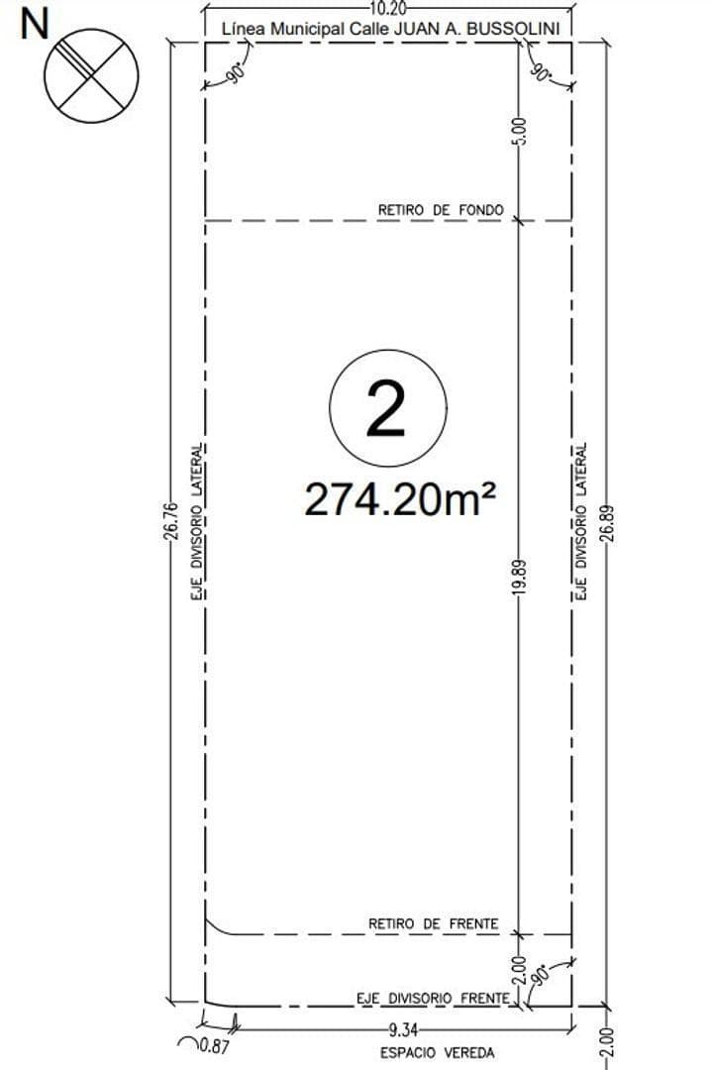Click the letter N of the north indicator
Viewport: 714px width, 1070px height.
[x=35, y=25]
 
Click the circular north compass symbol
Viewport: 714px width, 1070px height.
[x=91, y=75]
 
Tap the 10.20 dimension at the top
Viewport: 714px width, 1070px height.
[x=389, y=9]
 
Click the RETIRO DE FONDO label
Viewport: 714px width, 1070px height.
[x=441, y=210]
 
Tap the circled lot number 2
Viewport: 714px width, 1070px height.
[x=388, y=408]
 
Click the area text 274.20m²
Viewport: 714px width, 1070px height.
[x=400, y=499]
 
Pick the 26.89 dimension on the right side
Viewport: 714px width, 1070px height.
[x=607, y=523]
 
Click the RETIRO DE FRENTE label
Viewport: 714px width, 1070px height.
[x=434, y=924]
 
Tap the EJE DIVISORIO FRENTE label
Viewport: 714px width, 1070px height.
[x=433, y=999]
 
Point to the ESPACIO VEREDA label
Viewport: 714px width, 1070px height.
[x=437, y=1053]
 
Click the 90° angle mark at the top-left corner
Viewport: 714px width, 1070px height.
[x=236, y=74]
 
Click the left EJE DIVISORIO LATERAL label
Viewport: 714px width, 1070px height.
[x=197, y=523]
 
